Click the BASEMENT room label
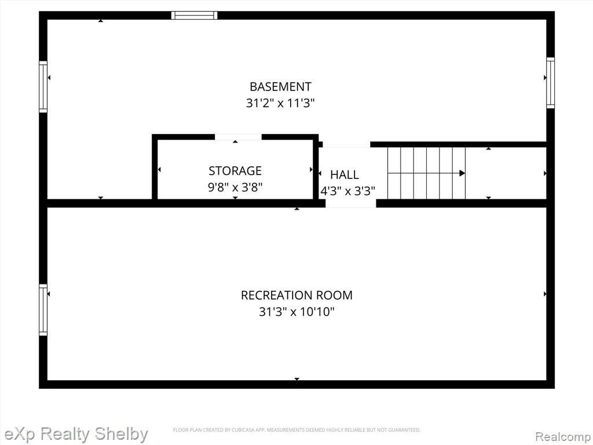280,87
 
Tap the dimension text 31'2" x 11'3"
280,103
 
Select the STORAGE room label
235,171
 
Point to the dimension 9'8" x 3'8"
235,187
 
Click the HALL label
345,175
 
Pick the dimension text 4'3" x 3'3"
347,191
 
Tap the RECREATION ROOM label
296,295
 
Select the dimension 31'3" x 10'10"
296,312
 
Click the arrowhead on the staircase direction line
462,173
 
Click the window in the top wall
195,15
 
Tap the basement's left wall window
43,87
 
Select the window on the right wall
550,83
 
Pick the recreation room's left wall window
43,310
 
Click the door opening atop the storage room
238,137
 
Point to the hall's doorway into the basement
346,144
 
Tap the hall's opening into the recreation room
350,203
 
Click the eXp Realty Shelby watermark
76,434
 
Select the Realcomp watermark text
563,437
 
